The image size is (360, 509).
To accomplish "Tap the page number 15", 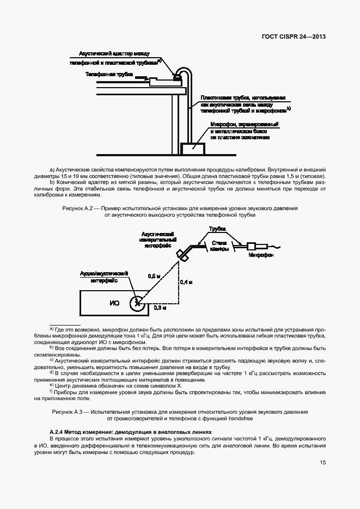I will click(323, 463).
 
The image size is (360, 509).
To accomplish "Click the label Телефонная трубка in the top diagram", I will click(109, 73).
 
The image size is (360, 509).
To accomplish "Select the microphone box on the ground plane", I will click(189, 148).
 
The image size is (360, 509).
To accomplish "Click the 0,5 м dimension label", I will click(154, 276).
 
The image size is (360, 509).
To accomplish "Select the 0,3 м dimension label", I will click(160, 308).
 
